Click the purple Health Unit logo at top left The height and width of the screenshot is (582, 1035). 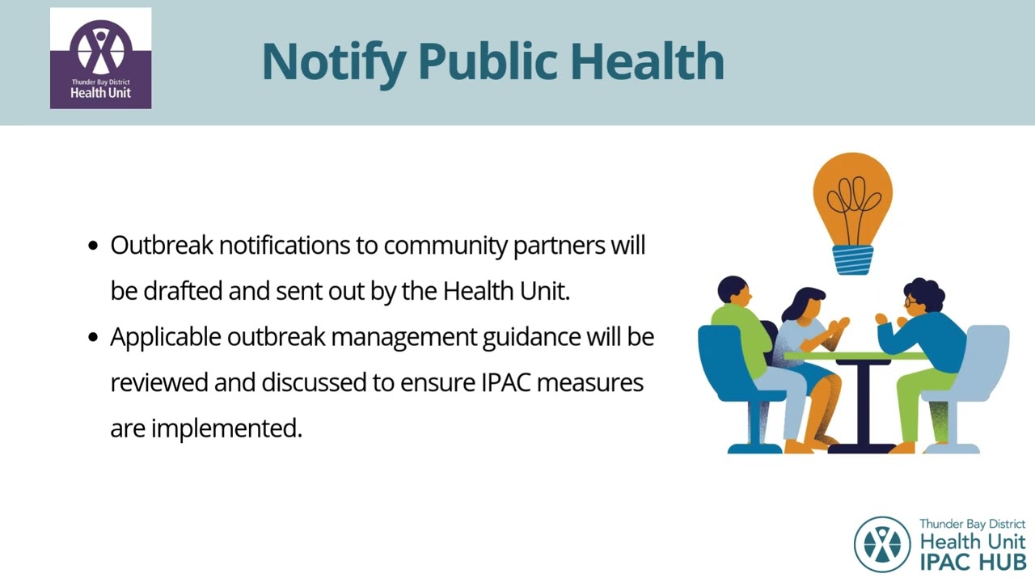100,58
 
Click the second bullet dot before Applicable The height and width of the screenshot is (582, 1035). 93,337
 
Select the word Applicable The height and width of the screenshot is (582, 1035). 165,337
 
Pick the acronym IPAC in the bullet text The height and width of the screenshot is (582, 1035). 506,382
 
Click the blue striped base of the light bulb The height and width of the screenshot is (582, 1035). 853,260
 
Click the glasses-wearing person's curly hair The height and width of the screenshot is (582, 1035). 926,293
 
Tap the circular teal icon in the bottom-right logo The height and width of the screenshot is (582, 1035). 882,544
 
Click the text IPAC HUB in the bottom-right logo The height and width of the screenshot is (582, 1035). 972,560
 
